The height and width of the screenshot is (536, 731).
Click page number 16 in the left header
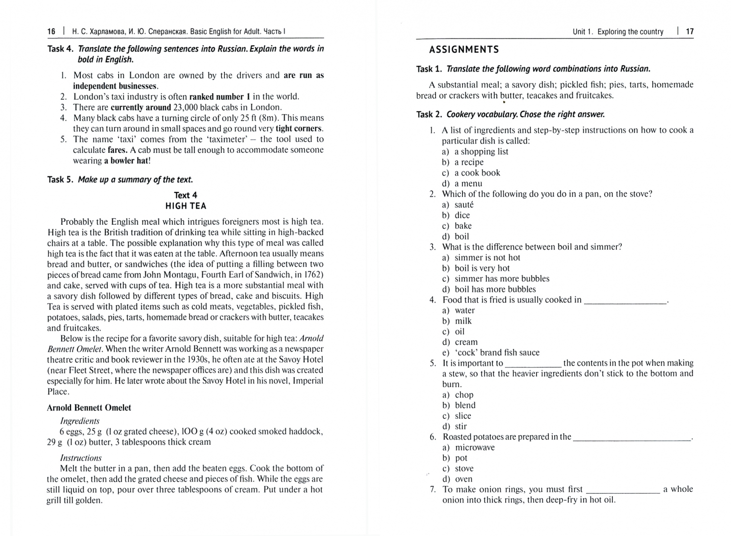pos(52,32)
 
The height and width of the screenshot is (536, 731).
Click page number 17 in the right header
pos(690,32)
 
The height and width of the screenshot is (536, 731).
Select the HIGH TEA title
pos(186,206)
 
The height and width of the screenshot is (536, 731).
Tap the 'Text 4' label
pos(186,195)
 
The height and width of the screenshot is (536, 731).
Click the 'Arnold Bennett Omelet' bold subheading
pos(89,408)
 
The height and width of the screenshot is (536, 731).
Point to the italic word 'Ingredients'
pos(79,421)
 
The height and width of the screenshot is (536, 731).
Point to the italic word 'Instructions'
pos(81,458)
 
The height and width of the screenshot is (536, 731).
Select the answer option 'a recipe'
pos(469,162)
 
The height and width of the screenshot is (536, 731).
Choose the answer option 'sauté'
pos(464,204)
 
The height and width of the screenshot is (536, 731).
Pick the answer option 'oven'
pos(464,479)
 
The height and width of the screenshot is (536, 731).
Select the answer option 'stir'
pos(461,426)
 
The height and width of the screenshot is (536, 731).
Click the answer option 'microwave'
pos(475,448)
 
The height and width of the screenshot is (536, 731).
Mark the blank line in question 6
pos(632,438)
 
